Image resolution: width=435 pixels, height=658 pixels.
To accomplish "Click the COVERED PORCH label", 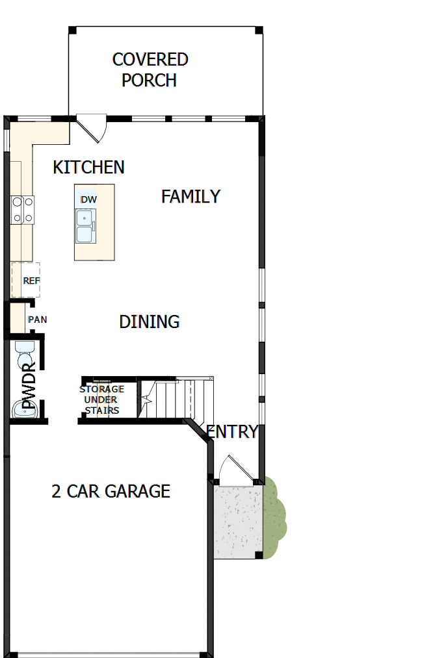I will (x=150, y=70).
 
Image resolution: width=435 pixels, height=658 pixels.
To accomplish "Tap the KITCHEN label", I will (x=88, y=167).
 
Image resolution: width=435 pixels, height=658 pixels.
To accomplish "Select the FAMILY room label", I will (x=191, y=196).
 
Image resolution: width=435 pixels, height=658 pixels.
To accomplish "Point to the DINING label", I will (x=149, y=322).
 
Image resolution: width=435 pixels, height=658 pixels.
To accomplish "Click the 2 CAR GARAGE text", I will (x=111, y=491).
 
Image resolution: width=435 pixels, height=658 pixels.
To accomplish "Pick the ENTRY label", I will (x=232, y=431).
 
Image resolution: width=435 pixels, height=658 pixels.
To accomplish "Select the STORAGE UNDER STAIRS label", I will (x=101, y=400).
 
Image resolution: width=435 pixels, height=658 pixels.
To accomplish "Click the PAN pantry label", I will (x=36, y=320).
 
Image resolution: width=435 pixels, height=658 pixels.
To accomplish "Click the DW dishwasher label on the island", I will (x=88, y=199).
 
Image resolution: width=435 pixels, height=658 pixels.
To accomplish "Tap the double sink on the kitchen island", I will (x=85, y=225).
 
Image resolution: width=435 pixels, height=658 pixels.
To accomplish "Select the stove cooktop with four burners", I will (x=22, y=210).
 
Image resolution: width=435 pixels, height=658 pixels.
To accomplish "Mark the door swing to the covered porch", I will (x=92, y=127).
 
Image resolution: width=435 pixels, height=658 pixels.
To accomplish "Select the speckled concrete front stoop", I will (x=237, y=520).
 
